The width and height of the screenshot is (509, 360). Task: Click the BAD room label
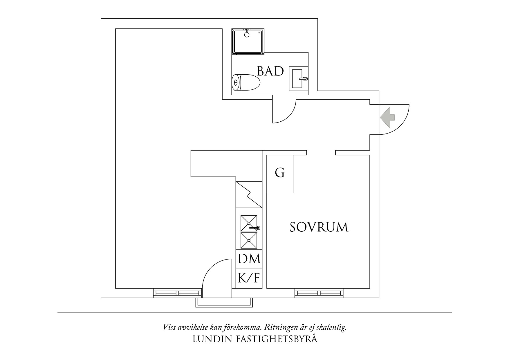click(270, 71)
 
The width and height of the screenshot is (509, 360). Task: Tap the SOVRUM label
click(319, 227)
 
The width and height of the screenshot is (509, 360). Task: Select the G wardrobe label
click(280, 173)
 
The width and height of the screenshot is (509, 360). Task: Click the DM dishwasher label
click(249, 259)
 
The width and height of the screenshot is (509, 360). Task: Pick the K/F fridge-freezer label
click(249, 278)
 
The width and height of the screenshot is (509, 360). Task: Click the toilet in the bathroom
click(246, 83)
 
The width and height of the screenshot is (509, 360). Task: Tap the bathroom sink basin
click(298, 78)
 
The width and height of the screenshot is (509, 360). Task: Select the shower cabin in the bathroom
click(248, 41)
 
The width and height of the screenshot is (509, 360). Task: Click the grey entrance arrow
click(387, 118)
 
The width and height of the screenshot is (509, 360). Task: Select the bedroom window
click(319, 293)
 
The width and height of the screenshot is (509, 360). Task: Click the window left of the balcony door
click(177, 293)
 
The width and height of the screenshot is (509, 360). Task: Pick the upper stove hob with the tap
click(249, 223)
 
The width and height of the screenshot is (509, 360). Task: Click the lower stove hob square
click(249, 240)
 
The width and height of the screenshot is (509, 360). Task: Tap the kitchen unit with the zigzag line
click(249, 195)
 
